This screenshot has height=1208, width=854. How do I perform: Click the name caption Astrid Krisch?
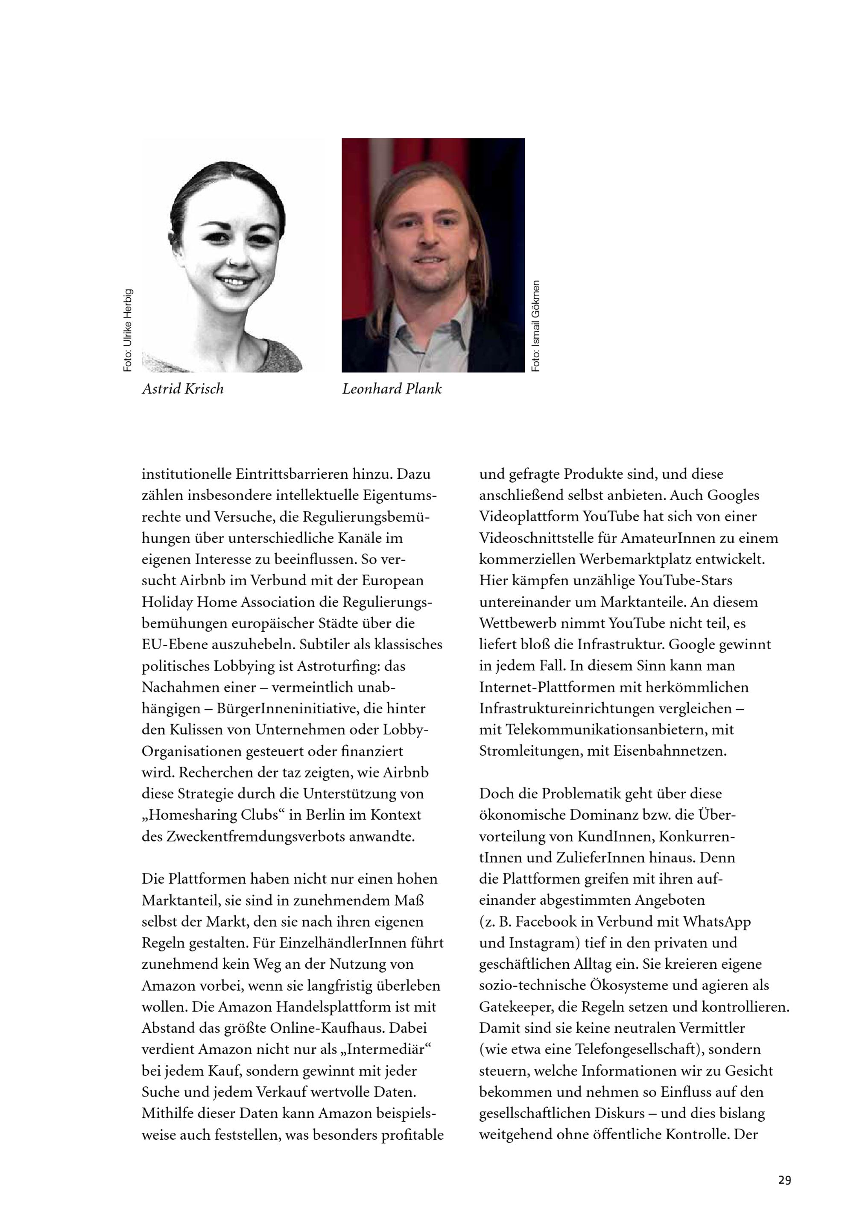click(x=182, y=389)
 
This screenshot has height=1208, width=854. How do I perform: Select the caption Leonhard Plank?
click(x=392, y=389)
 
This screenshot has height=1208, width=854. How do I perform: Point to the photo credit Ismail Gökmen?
click(x=536, y=326)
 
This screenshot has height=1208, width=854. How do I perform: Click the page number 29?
click(x=784, y=1166)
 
